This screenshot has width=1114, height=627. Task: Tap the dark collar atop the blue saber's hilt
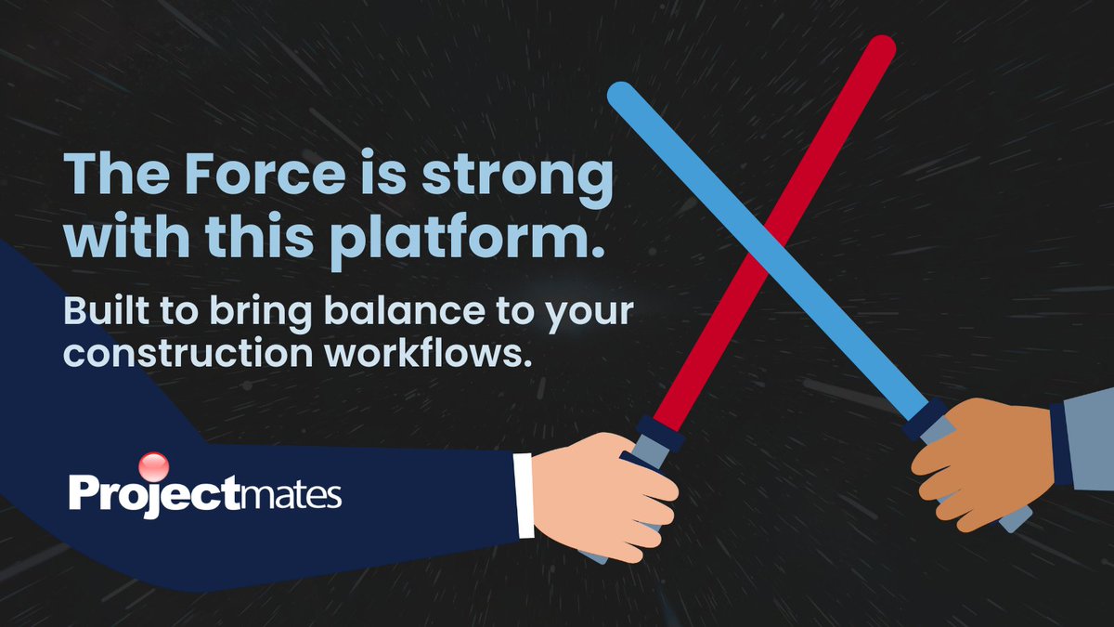(923, 417)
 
